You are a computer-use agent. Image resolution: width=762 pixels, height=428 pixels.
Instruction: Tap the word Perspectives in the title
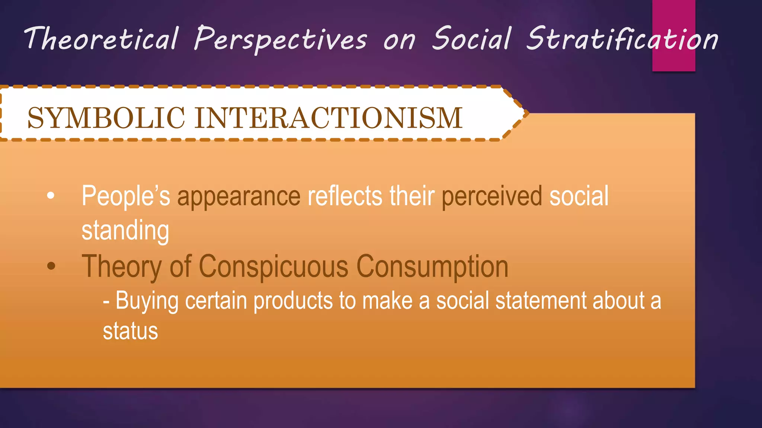[x=281, y=39]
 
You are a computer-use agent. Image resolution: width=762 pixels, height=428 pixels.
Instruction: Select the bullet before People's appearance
[x=51, y=196]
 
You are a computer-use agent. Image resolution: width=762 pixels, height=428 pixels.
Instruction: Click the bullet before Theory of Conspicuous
[x=51, y=266]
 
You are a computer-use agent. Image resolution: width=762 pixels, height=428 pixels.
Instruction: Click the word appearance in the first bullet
[x=238, y=197]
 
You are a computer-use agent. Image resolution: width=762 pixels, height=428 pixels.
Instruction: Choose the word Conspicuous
[x=273, y=266]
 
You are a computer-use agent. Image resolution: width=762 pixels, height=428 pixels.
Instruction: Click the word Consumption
[x=432, y=266]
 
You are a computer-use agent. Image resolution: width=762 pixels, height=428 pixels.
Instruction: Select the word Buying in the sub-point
[x=147, y=301]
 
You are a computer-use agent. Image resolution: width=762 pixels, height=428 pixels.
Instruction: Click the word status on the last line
[x=130, y=331]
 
